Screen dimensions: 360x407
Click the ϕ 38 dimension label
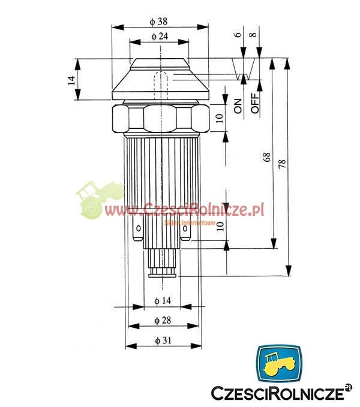click(159, 22)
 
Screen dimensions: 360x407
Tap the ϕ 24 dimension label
click(160, 37)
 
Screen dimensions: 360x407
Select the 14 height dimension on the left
click(71, 80)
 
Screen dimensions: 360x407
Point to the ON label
click(238, 106)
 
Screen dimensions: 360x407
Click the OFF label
click(255, 103)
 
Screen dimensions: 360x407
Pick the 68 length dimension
click(266, 157)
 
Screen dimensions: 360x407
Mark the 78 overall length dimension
click(282, 164)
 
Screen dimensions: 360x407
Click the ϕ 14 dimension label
click(163, 301)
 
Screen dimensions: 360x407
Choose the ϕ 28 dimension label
click(163, 321)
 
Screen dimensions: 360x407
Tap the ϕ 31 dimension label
click(163, 340)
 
